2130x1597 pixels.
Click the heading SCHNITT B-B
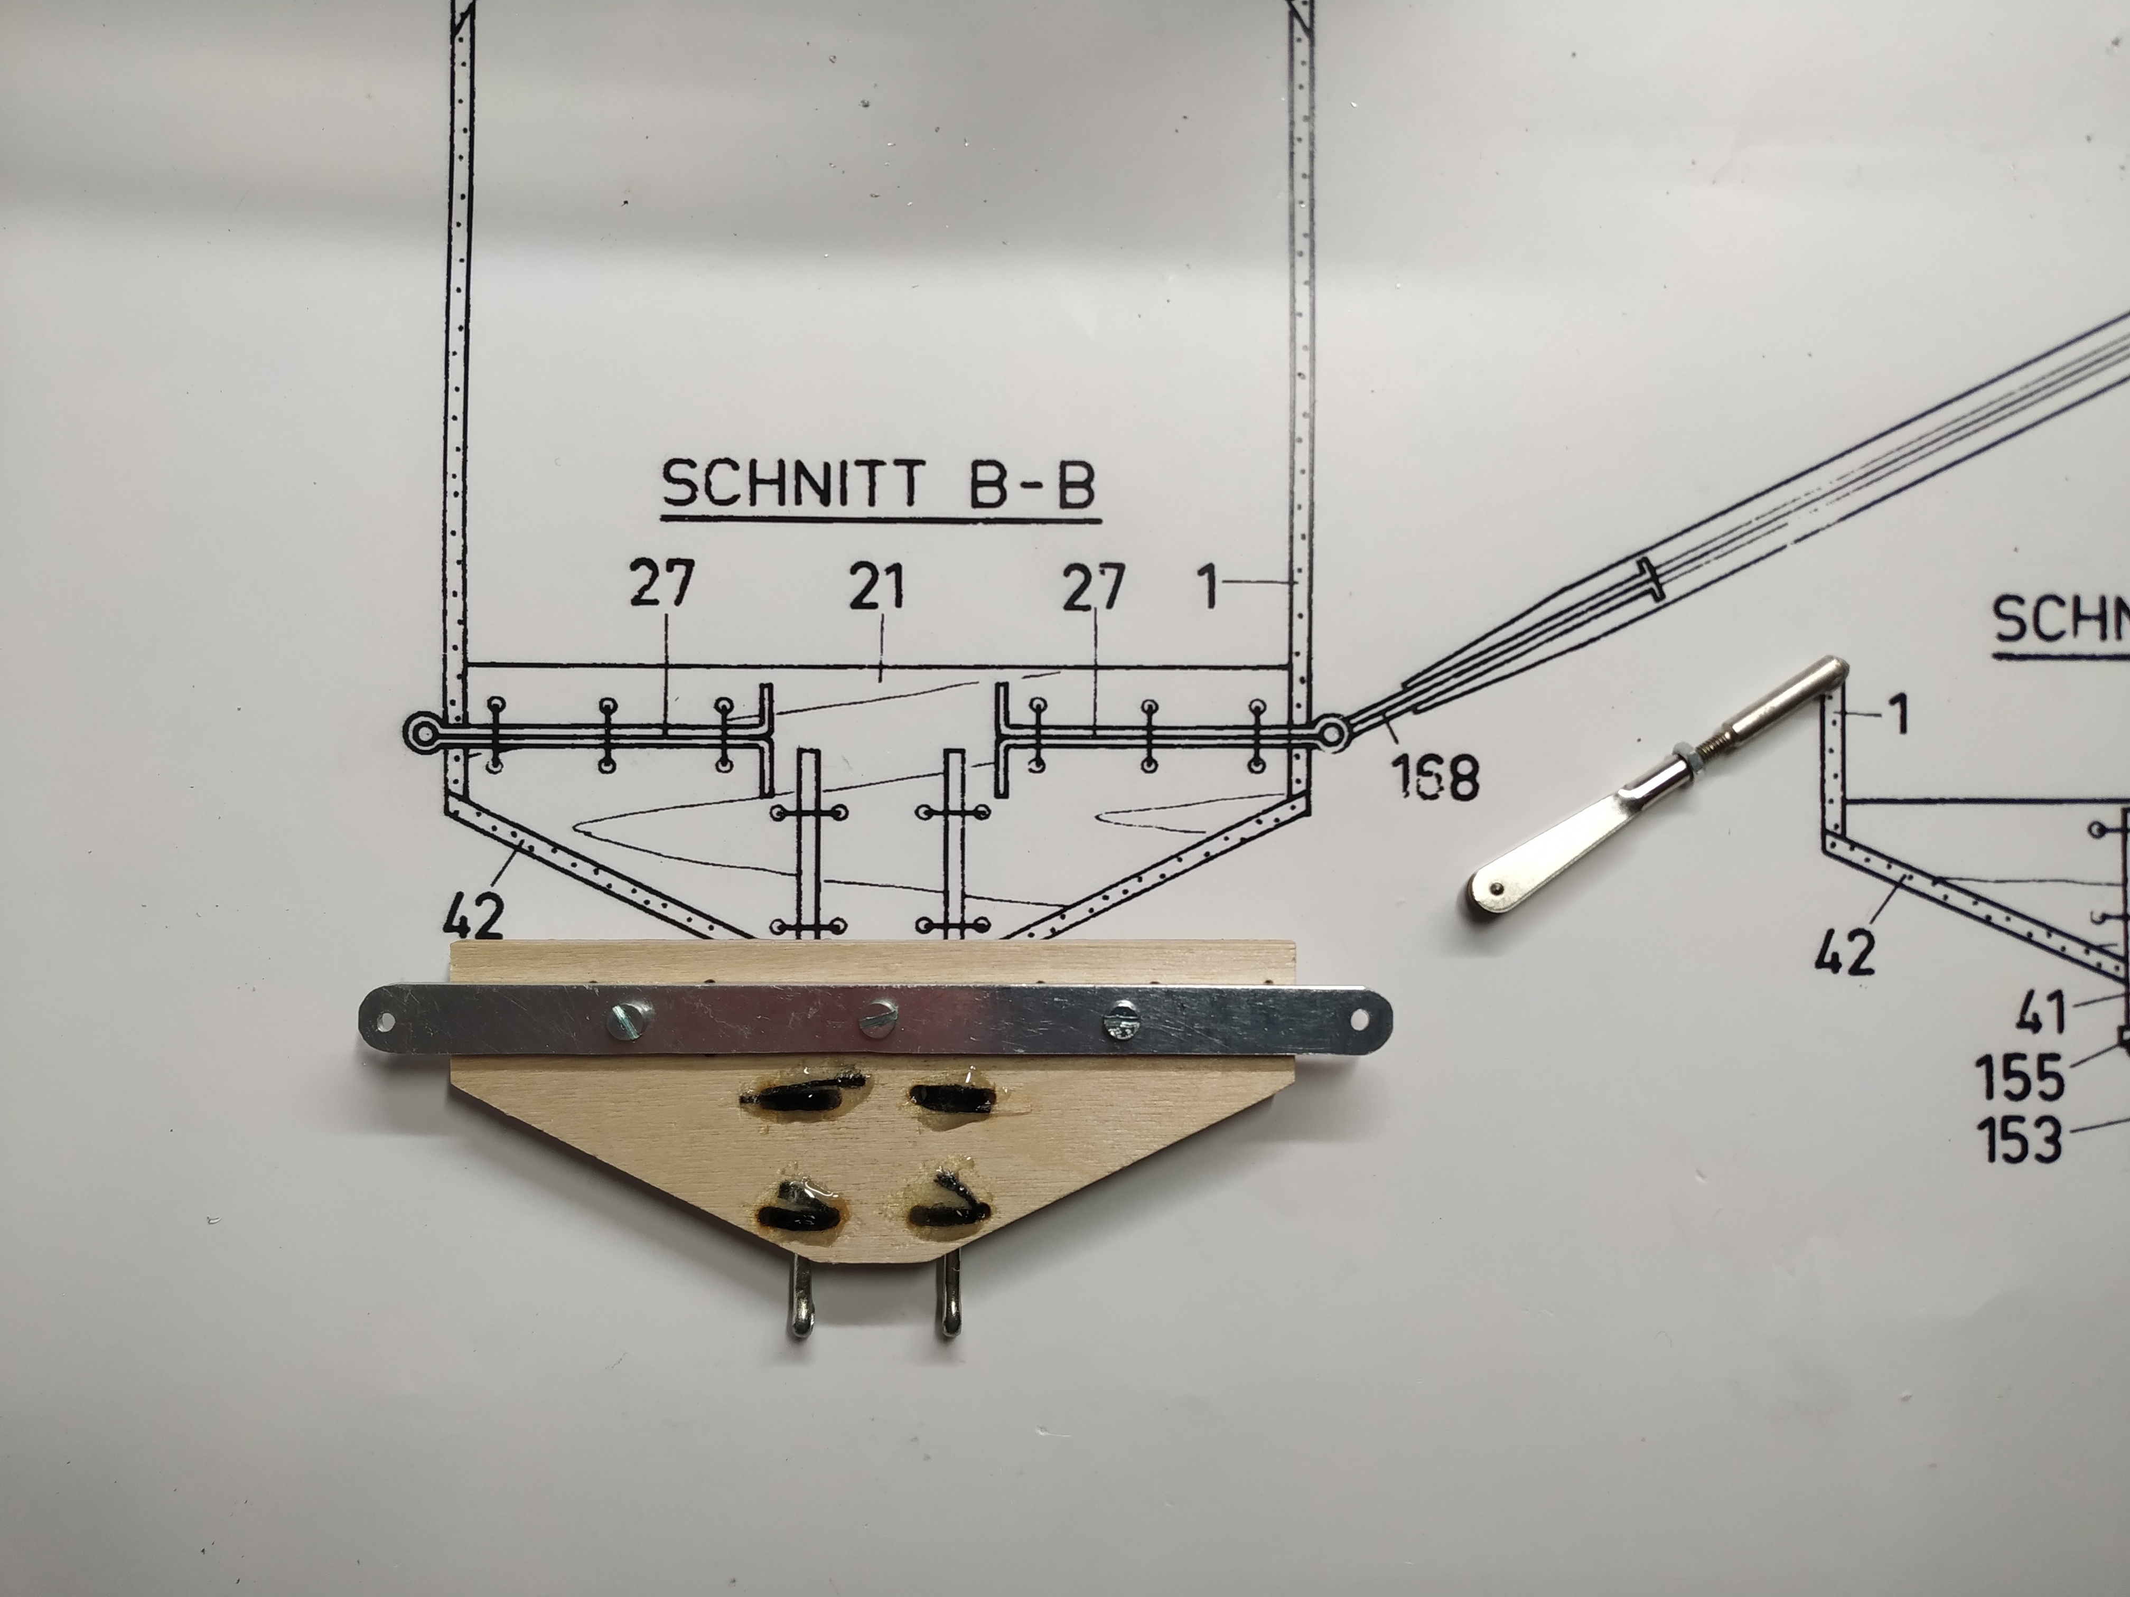tap(879, 484)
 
